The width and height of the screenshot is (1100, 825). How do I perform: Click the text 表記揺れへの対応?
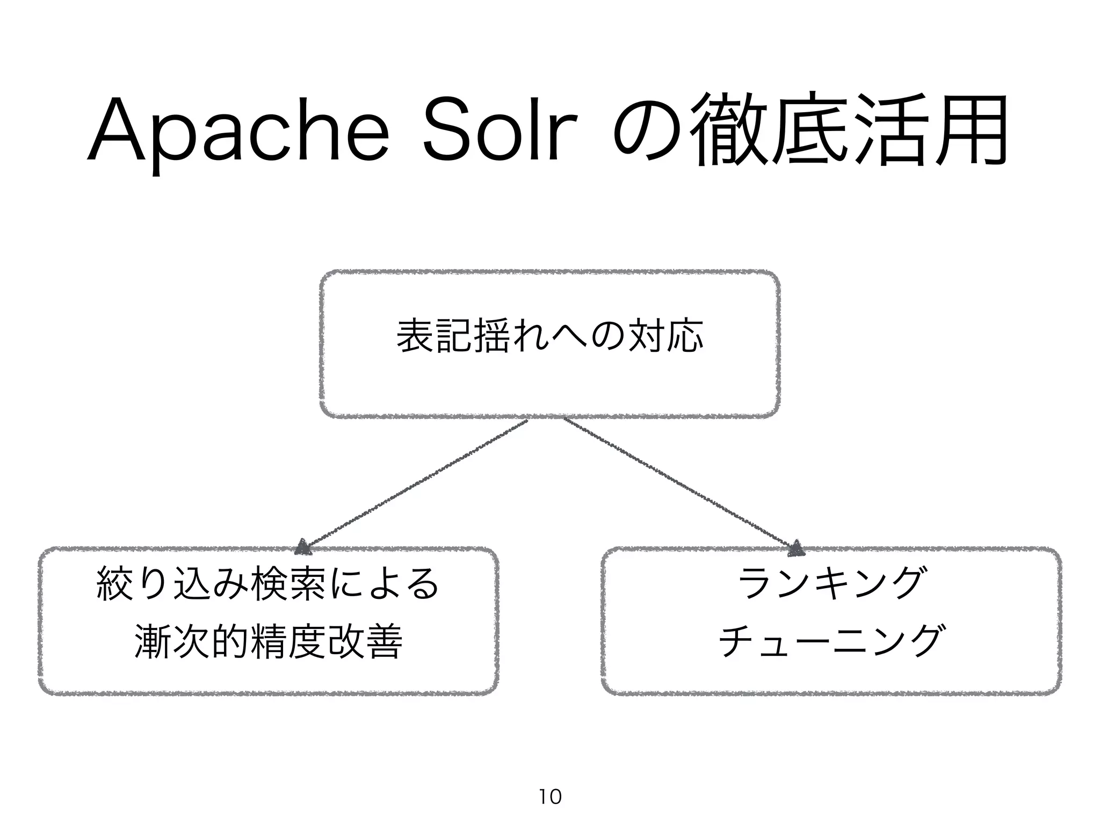tap(549, 336)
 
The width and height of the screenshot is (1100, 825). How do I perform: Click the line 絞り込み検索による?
tap(267, 584)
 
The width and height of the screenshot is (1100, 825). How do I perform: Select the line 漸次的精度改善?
tap(267, 641)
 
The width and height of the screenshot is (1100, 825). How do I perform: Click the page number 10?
tap(550, 796)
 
